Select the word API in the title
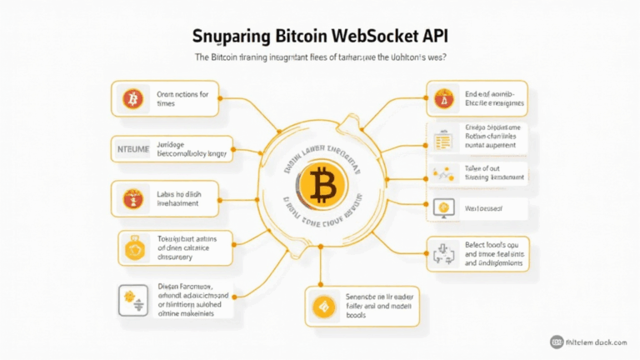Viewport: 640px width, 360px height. [434, 37]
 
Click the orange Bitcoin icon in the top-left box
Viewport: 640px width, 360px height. [132, 100]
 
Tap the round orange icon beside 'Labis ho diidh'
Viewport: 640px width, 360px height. [132, 198]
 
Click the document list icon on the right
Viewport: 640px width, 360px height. [442, 138]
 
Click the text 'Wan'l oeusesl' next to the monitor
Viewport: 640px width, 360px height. [483, 207]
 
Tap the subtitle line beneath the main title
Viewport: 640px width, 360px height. [320, 57]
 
